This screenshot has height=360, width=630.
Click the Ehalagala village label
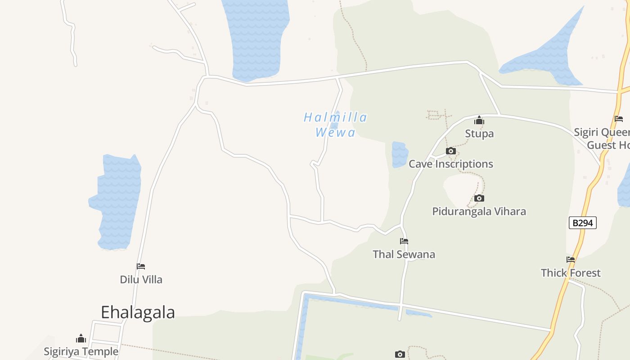click(x=138, y=312)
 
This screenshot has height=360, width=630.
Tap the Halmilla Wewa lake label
click(x=335, y=125)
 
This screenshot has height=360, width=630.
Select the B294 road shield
click(x=582, y=223)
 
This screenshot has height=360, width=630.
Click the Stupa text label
click(x=479, y=134)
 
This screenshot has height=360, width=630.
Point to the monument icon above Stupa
click(x=479, y=120)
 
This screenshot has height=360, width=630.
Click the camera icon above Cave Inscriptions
click(x=450, y=151)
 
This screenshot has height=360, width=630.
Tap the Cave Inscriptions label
click(x=450, y=164)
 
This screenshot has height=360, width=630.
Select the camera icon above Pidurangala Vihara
click(x=479, y=198)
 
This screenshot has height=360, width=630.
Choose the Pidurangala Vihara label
click(x=479, y=211)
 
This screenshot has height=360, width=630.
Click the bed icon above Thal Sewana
click(x=404, y=241)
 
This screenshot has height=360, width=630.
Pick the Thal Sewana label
click(x=404, y=254)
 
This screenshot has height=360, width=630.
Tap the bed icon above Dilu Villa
click(x=141, y=266)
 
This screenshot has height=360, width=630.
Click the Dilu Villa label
click(x=141, y=279)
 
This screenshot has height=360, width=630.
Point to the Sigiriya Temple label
click(x=81, y=351)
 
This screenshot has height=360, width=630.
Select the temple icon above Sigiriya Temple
click(x=81, y=338)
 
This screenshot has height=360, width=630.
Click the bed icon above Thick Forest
click(x=571, y=260)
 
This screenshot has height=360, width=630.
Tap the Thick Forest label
click(x=571, y=273)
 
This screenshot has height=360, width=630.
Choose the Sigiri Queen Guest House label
click(x=603, y=139)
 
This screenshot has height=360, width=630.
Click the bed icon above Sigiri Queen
click(x=619, y=119)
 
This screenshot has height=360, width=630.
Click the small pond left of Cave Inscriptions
click(x=400, y=154)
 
